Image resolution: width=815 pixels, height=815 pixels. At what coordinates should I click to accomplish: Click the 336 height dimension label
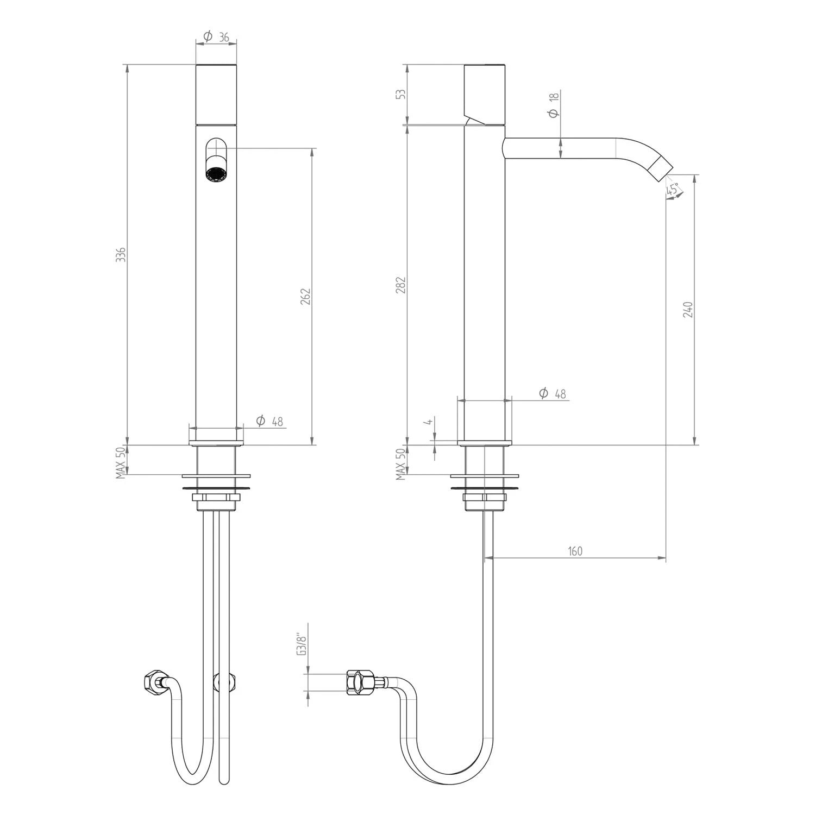(x=122, y=254)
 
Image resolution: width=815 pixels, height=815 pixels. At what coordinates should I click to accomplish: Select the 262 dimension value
(x=305, y=297)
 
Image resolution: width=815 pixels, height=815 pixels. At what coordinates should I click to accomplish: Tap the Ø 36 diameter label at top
(x=216, y=37)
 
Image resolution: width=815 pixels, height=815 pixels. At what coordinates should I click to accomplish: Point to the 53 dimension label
(x=402, y=93)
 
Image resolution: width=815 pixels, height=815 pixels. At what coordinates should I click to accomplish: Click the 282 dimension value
(x=402, y=285)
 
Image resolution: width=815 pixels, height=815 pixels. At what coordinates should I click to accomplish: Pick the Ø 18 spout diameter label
(x=554, y=105)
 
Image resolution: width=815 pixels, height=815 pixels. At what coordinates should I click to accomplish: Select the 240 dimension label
(x=688, y=309)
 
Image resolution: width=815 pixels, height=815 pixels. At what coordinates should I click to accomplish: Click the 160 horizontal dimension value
(x=575, y=551)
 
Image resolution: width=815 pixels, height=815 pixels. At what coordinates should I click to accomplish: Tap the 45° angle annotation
(x=673, y=190)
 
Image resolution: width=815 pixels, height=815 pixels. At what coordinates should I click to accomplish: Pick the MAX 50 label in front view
(x=121, y=462)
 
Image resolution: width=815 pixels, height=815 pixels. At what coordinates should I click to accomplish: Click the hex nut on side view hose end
(x=359, y=682)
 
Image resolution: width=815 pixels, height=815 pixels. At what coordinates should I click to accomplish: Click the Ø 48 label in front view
(x=269, y=421)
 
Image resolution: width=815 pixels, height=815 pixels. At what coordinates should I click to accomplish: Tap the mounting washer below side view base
(x=480, y=478)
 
